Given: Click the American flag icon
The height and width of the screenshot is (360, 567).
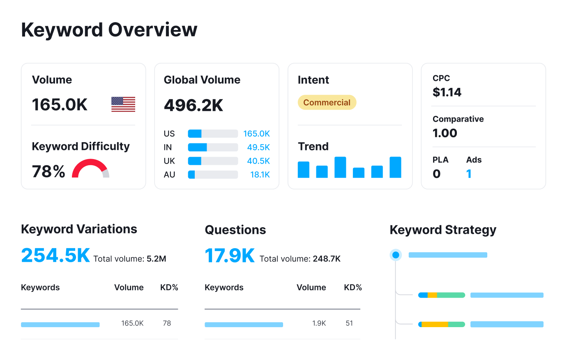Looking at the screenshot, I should (x=123, y=104).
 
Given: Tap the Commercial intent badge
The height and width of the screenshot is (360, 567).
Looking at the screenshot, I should (x=327, y=103).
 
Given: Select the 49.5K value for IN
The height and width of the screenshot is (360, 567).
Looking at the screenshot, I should (x=258, y=147).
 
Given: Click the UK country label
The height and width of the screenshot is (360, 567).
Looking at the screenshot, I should (x=169, y=161).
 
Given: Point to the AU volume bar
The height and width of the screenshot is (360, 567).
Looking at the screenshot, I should (x=212, y=175).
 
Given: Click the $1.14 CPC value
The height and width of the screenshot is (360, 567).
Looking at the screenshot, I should (x=447, y=92).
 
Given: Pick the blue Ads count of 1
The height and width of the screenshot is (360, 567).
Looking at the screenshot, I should (x=469, y=174).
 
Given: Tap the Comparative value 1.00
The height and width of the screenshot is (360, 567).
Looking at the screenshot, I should (x=445, y=133).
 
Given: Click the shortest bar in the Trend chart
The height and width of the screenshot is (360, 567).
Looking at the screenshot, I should (x=358, y=172).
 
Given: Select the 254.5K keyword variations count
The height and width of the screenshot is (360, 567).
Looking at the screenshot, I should (x=55, y=255).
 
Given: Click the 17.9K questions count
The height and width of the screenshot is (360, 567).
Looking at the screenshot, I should (x=230, y=256).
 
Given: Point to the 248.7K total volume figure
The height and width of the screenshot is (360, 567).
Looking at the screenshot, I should (x=327, y=259).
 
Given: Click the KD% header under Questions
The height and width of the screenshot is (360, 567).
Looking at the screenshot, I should (x=353, y=288).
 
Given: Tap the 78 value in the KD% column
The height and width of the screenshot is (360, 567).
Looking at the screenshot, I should (x=167, y=323).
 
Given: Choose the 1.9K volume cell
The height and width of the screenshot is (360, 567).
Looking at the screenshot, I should (x=319, y=323).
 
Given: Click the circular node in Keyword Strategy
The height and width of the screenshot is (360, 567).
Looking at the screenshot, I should (x=396, y=255).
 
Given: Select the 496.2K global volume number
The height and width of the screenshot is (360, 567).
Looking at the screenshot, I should (x=194, y=106).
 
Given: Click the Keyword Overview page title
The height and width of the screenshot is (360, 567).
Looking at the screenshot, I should (x=109, y=30).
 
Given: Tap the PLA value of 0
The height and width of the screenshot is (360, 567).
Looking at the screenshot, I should (x=436, y=174).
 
